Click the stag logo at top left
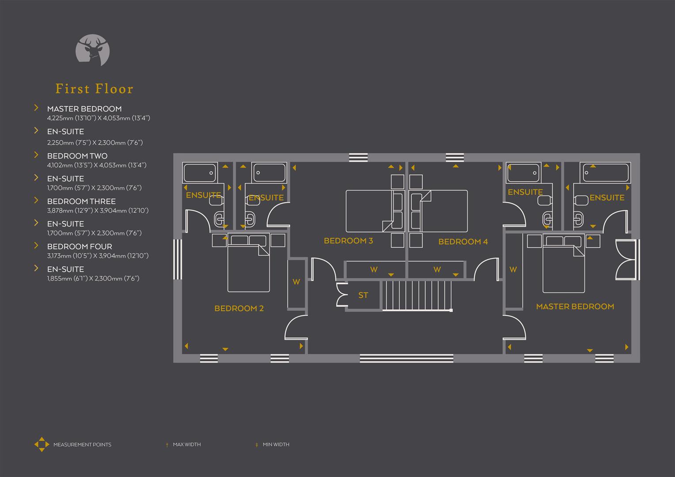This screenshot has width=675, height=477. pyautogui.click(x=93, y=50)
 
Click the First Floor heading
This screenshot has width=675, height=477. pyautogui.click(x=95, y=89)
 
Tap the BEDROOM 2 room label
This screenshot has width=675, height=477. pyautogui.click(x=239, y=308)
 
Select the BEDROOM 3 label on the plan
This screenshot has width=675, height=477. pyautogui.click(x=348, y=241)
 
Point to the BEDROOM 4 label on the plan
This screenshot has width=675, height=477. pyautogui.click(x=463, y=242)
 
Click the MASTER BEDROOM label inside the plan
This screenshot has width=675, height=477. pyautogui.click(x=575, y=307)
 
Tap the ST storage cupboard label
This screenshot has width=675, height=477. pyautogui.click(x=363, y=295)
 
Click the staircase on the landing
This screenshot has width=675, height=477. pyautogui.click(x=417, y=295)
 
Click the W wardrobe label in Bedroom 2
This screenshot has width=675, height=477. pyautogui.click(x=296, y=282)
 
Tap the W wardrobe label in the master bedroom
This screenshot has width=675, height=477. pyautogui.click(x=513, y=269)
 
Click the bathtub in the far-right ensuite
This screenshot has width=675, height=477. pyautogui.click(x=606, y=173)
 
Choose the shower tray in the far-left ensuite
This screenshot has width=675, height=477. pyautogui.click(x=200, y=173)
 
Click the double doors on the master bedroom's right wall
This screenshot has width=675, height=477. pyautogui.click(x=626, y=261)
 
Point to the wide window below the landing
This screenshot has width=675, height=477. pyautogui.click(x=406, y=358)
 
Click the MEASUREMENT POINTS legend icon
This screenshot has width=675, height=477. pyautogui.click(x=42, y=444)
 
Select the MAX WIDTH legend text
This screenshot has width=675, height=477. pyautogui.click(x=186, y=444)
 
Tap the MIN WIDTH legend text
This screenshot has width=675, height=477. pyautogui.click(x=276, y=444)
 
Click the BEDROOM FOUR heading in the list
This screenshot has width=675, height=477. pyautogui.click(x=80, y=246)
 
